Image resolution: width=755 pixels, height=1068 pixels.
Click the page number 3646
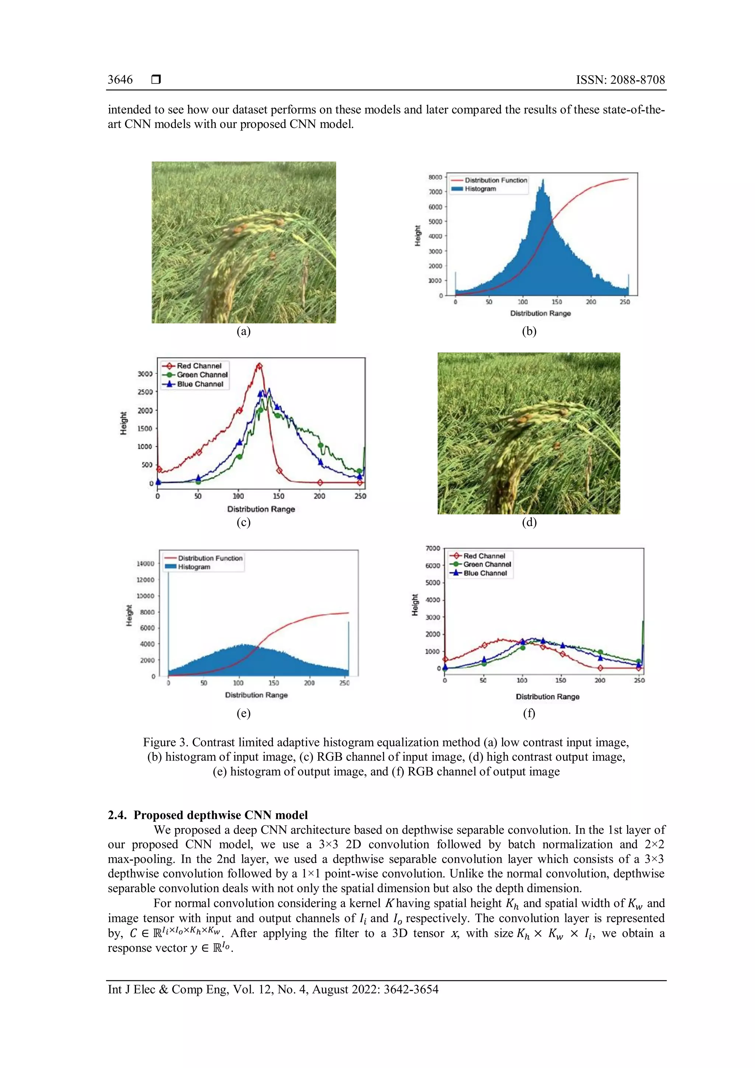pyautogui.click(x=120, y=80)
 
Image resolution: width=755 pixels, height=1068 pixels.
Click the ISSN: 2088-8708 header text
pyautogui.click(x=620, y=80)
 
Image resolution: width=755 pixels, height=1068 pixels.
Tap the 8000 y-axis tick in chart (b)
pyautogui.click(x=435, y=177)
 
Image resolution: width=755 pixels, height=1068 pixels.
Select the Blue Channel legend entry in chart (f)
pyautogui.click(x=485, y=573)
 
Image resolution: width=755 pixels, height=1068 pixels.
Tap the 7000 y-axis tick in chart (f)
pyautogui.click(x=432, y=548)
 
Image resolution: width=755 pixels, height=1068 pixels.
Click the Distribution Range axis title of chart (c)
pyautogui.click(x=261, y=509)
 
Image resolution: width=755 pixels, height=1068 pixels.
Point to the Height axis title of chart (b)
pyautogui.click(x=417, y=235)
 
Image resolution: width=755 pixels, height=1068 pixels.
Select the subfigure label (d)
pyautogui.click(x=529, y=522)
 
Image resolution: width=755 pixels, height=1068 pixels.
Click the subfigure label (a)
pyautogui.click(x=244, y=331)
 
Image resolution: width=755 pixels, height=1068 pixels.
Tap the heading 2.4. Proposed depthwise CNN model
pyautogui.click(x=208, y=815)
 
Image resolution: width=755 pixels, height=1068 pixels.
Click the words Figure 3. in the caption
pyautogui.click(x=166, y=742)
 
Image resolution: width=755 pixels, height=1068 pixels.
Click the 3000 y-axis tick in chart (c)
pyautogui.click(x=145, y=374)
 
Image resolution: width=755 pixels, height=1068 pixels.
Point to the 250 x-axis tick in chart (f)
pyautogui.click(x=639, y=680)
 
